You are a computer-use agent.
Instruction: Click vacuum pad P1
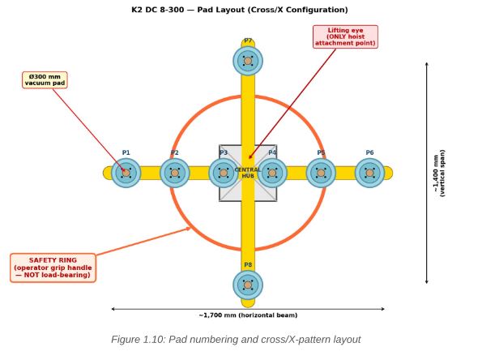pyautogui.click(x=126, y=173)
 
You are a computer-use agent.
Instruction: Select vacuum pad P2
pyautogui.click(x=175, y=173)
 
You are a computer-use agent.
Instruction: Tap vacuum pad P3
pyautogui.click(x=224, y=173)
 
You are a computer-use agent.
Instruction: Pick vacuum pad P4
pyautogui.click(x=272, y=173)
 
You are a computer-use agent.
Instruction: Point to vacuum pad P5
pyautogui.click(x=321, y=173)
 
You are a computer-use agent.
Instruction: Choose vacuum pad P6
pyautogui.click(x=369, y=173)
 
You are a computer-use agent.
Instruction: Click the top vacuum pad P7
pyautogui.click(x=248, y=61)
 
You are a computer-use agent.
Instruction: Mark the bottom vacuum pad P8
pyautogui.click(x=248, y=285)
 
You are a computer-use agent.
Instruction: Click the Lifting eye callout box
pyautogui.click(x=345, y=36)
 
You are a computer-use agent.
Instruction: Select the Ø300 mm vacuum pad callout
pyautogui.click(x=45, y=80)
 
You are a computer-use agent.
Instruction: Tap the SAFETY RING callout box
pyautogui.click(x=53, y=268)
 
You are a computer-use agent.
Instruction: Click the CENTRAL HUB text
pyautogui.click(x=248, y=173)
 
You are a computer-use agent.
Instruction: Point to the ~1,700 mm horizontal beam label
pyautogui.click(x=248, y=315)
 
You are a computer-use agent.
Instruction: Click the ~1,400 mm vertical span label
pyautogui.click(x=439, y=173)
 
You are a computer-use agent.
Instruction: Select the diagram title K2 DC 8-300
pyautogui.click(x=240, y=10)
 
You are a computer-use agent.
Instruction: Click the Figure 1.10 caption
pyautogui.click(x=236, y=340)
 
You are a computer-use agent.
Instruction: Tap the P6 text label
pyautogui.click(x=369, y=152)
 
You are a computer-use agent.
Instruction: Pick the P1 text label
pyautogui.click(x=126, y=152)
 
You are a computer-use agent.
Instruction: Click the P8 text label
pyautogui.click(x=248, y=265)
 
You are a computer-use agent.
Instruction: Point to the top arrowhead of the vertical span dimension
pyautogui.click(x=427, y=63)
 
